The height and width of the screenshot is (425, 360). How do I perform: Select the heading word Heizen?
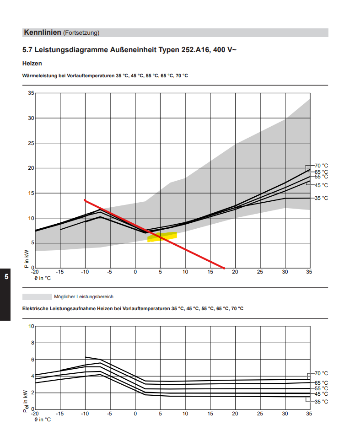click(32, 64)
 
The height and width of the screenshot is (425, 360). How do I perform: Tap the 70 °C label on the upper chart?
click(321, 166)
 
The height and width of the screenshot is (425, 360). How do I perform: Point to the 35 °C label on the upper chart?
click(321, 198)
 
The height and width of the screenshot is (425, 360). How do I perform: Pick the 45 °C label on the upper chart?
click(321, 185)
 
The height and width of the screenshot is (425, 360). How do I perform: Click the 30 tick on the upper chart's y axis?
click(31, 118)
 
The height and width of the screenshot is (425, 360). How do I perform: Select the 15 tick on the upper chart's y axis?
click(31, 193)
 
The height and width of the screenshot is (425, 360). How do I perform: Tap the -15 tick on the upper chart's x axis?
click(60, 272)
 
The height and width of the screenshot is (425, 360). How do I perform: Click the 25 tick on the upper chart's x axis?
click(260, 272)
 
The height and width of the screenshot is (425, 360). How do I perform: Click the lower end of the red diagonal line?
click(224, 267)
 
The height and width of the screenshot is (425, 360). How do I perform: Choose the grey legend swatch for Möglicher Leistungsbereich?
click(37, 296)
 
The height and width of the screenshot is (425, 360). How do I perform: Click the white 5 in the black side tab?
click(6, 277)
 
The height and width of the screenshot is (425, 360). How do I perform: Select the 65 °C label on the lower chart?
click(321, 383)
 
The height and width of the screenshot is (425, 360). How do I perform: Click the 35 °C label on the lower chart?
click(321, 402)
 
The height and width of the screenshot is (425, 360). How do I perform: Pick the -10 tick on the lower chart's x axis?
click(84, 414)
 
